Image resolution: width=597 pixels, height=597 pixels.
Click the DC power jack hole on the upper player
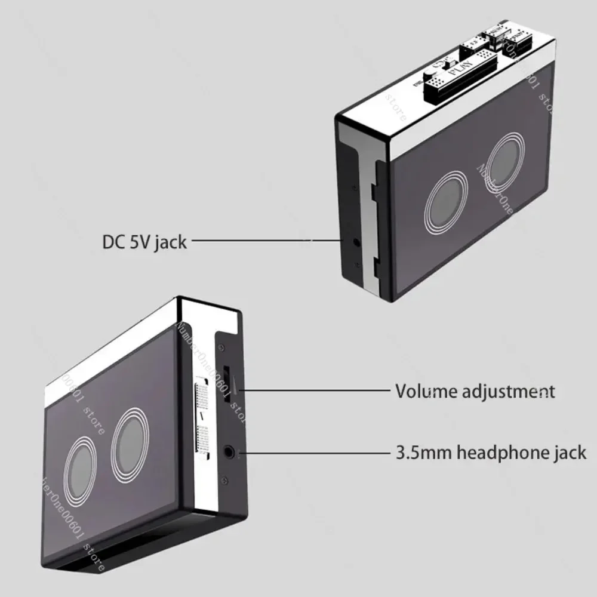(357, 242)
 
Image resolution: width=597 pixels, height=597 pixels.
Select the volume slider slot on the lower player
(229, 387)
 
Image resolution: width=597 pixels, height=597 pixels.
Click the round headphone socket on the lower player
(229, 452)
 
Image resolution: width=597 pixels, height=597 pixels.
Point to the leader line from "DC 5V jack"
(263, 241)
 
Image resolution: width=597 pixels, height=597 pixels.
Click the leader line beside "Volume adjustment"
(316, 391)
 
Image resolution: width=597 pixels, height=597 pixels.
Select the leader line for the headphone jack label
(316, 452)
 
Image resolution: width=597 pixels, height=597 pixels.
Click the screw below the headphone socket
(223, 478)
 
